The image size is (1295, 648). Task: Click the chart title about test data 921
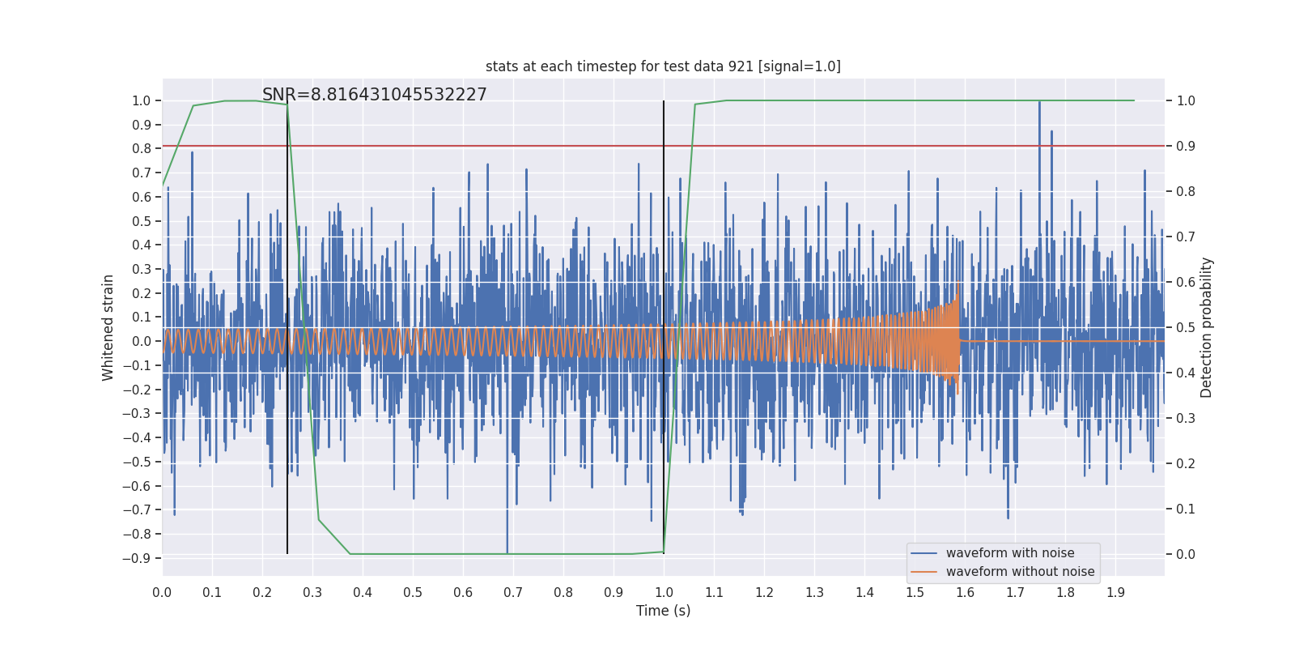(x=663, y=66)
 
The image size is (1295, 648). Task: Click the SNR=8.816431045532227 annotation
(x=374, y=95)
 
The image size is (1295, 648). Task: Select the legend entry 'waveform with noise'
(x=1009, y=553)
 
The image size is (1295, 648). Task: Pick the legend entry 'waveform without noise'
(x=1020, y=572)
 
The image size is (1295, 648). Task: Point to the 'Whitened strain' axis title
(x=108, y=327)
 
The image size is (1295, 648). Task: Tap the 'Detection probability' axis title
(x=1207, y=327)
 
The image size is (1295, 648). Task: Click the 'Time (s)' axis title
(x=663, y=611)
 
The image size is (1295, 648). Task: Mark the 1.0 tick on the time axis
(x=664, y=592)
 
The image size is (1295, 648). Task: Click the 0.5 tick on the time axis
(x=413, y=592)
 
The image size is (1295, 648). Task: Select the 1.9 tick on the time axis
(x=1115, y=592)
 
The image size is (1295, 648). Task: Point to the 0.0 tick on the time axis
(x=162, y=592)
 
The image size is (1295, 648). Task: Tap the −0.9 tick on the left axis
(x=136, y=558)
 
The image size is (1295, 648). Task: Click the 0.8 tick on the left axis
(x=142, y=148)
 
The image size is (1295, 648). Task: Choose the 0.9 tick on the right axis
(x=1186, y=147)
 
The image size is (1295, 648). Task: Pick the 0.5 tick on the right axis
(x=1186, y=328)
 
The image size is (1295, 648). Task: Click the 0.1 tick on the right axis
(x=1186, y=509)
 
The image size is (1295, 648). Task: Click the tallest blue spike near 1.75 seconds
(x=1039, y=102)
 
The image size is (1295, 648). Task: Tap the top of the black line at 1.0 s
(x=664, y=102)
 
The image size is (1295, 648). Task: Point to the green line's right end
(x=1134, y=100)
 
